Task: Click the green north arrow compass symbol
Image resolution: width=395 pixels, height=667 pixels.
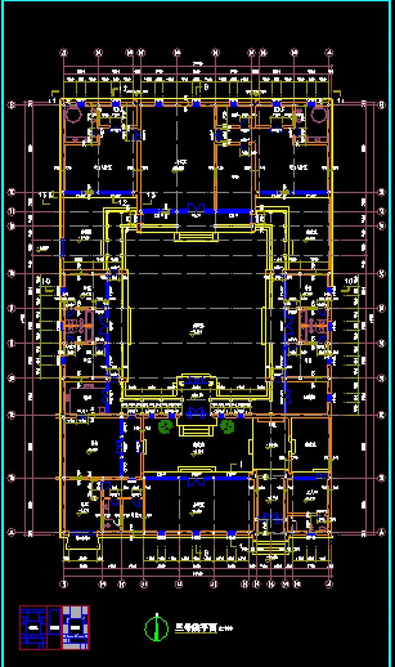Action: point(157,628)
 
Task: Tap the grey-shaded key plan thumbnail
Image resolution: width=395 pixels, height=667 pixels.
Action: point(76,627)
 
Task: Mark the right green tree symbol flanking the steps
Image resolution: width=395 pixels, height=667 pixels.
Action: point(227,426)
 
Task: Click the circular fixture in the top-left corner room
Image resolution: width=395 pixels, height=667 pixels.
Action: point(73,115)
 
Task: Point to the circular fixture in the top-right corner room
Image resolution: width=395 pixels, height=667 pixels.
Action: point(319,115)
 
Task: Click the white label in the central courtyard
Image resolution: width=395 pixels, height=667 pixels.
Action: point(198,327)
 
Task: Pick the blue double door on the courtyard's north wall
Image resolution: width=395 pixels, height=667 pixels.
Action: point(197,209)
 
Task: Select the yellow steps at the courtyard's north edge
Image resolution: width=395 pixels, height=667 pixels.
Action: point(196,237)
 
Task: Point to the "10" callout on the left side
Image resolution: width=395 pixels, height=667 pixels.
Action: point(46,282)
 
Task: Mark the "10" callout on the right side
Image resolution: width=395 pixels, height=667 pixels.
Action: point(350,282)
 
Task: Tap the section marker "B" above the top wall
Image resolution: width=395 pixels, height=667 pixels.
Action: point(206,87)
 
